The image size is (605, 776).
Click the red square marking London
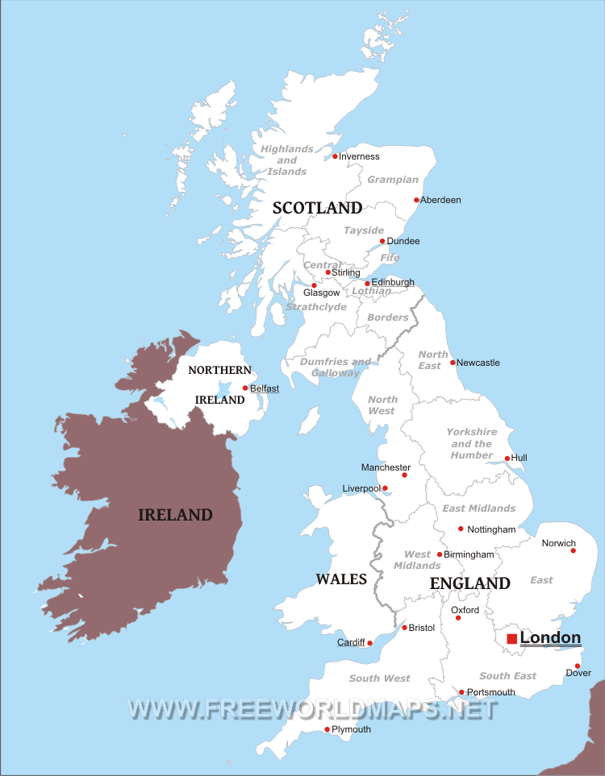tap(511, 639)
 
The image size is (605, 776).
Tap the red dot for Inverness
tap(336, 156)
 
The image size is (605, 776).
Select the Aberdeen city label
tap(441, 200)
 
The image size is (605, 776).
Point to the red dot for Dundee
tap(382, 241)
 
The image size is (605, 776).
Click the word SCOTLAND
tap(317, 208)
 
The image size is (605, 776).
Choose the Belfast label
tap(265, 388)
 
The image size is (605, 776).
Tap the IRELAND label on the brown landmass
tap(175, 515)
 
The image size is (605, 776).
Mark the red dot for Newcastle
tap(453, 363)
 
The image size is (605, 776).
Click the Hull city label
tap(519, 458)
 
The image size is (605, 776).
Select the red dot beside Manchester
tap(404, 475)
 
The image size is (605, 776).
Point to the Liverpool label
tap(361, 488)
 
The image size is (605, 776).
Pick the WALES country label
tap(341, 579)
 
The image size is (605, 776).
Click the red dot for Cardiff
tap(369, 643)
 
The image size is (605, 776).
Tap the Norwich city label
tap(559, 542)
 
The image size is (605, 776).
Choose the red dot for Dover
tap(578, 666)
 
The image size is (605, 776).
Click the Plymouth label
tap(352, 729)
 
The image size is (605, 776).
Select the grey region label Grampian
tap(393, 180)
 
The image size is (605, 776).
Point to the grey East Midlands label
tap(478, 508)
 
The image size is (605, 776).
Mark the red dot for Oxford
tap(458, 618)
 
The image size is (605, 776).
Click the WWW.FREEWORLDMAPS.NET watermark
tap(310, 709)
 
